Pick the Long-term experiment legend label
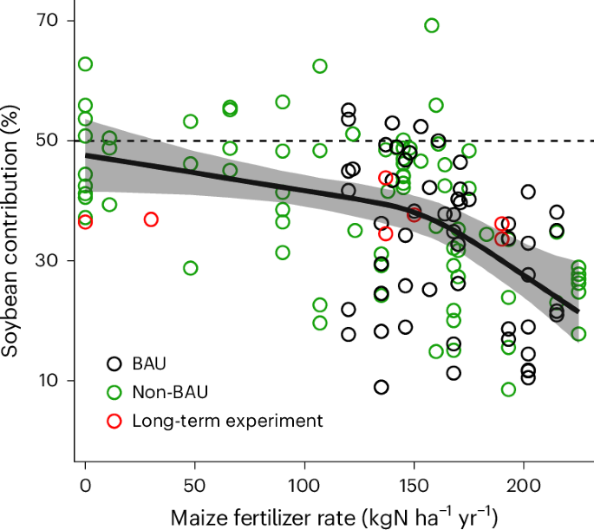pyautogui.click(x=227, y=421)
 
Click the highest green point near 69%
pyautogui.click(x=432, y=25)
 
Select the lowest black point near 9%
pyautogui.click(x=382, y=387)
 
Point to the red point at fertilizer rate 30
pyautogui.click(x=151, y=219)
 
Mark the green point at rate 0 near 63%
pyautogui.click(x=85, y=64)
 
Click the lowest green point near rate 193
pyautogui.click(x=508, y=389)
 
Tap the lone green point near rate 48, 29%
pyautogui.click(x=191, y=268)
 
